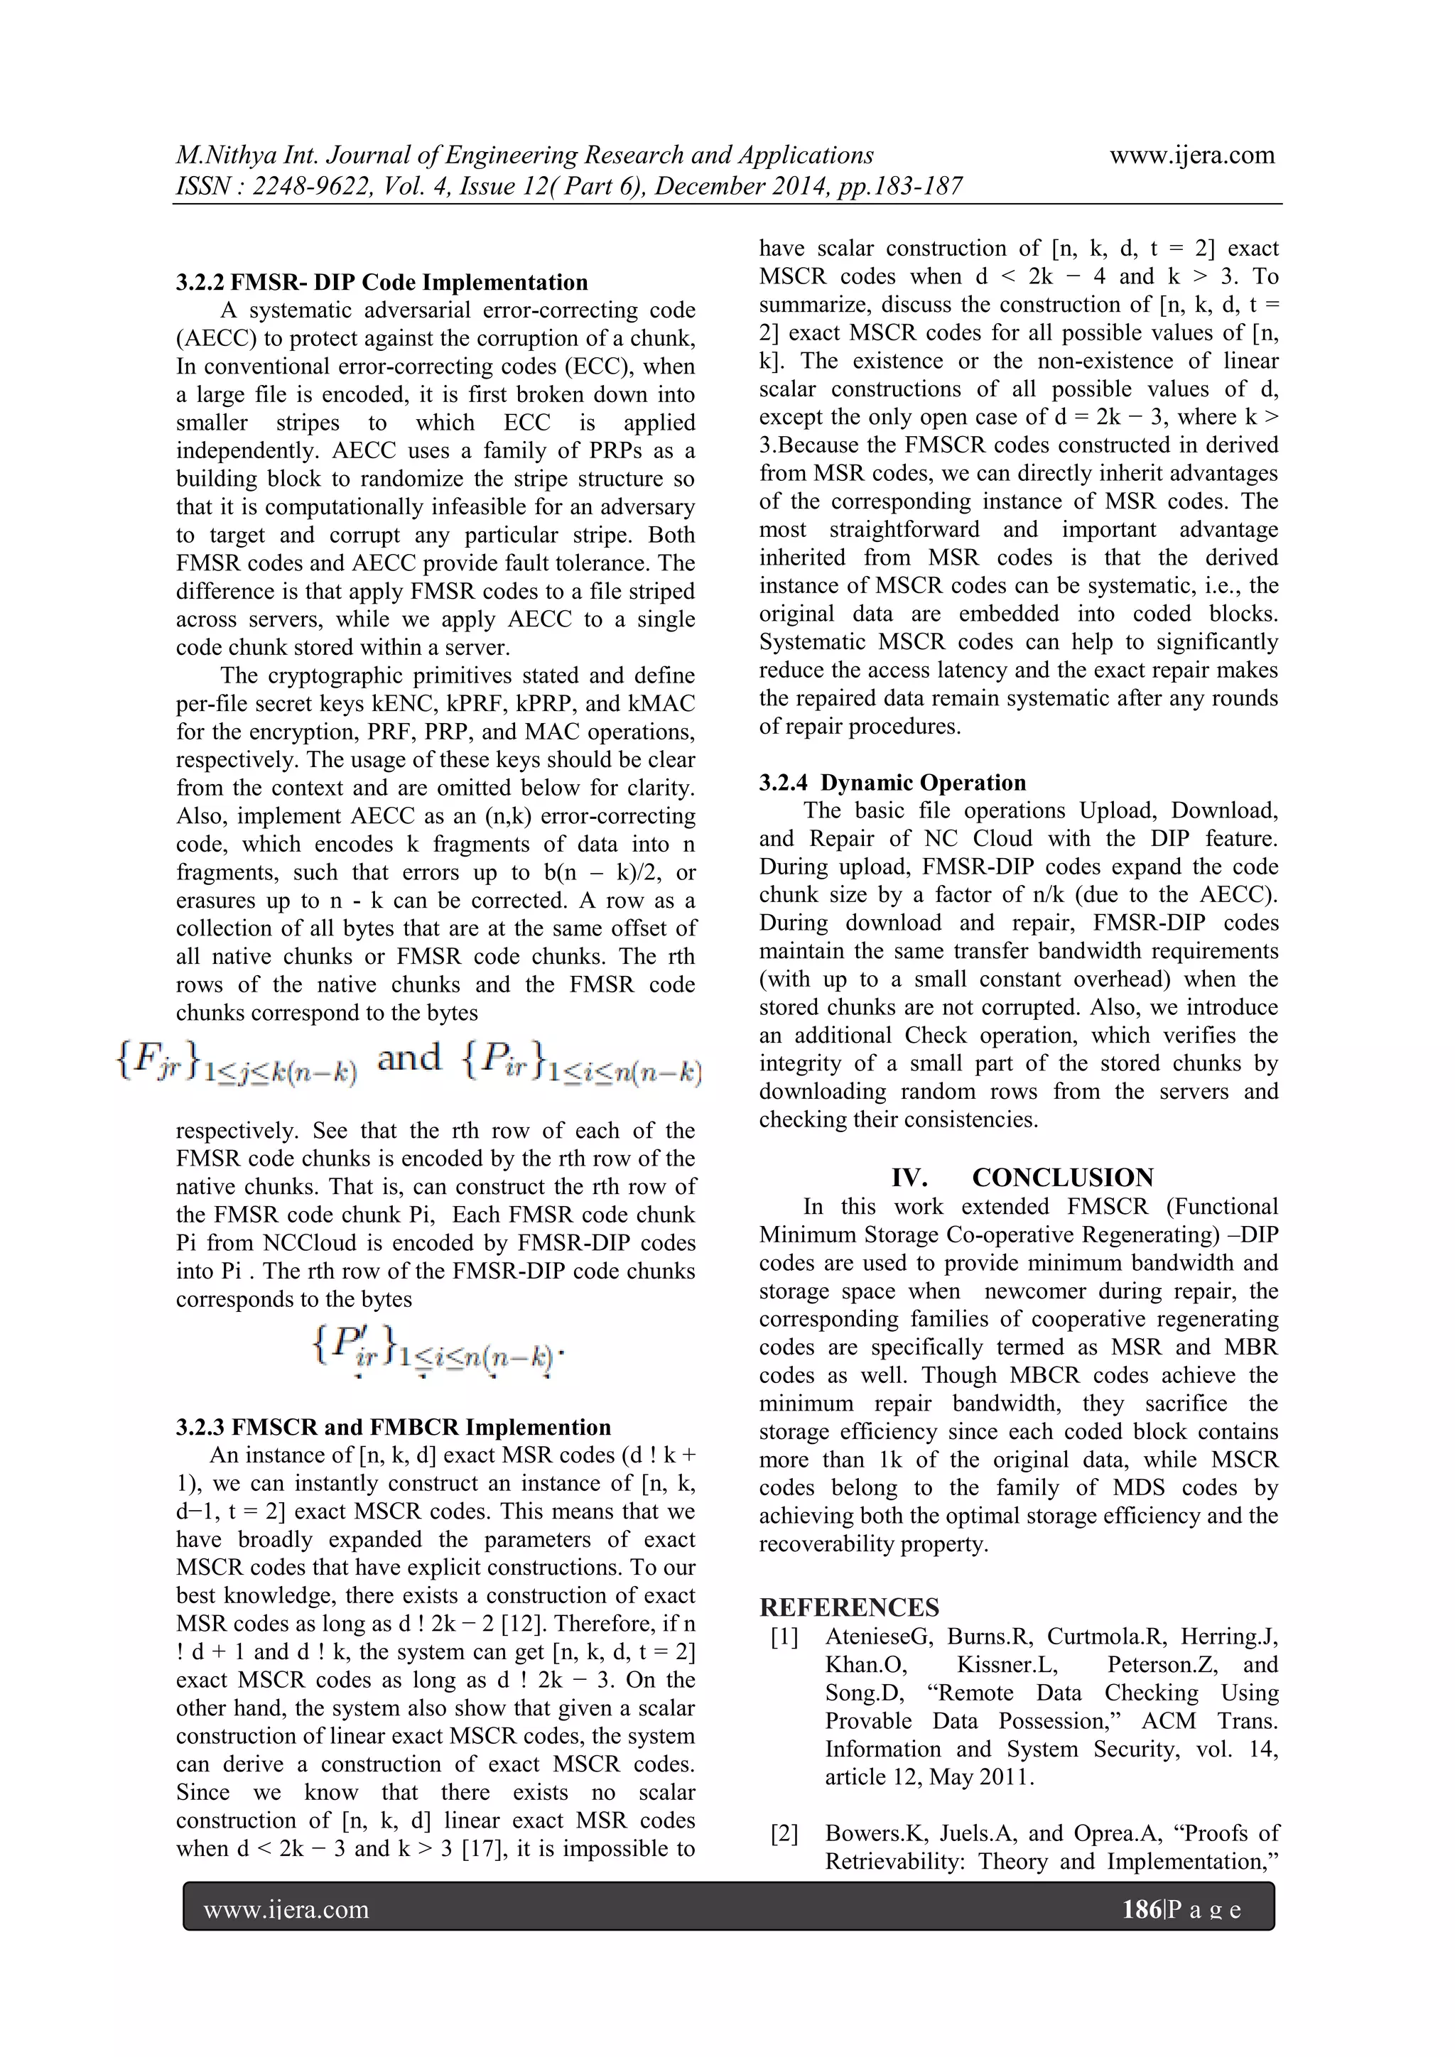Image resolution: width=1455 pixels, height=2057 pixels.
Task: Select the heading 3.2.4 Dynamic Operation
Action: point(892,782)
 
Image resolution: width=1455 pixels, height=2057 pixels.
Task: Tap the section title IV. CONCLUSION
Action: point(1022,1177)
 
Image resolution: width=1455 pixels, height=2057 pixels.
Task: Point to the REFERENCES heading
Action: point(850,1607)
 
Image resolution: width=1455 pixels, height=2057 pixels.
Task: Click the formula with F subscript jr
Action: point(237,1063)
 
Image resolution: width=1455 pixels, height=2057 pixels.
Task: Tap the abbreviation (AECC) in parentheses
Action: point(212,339)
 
